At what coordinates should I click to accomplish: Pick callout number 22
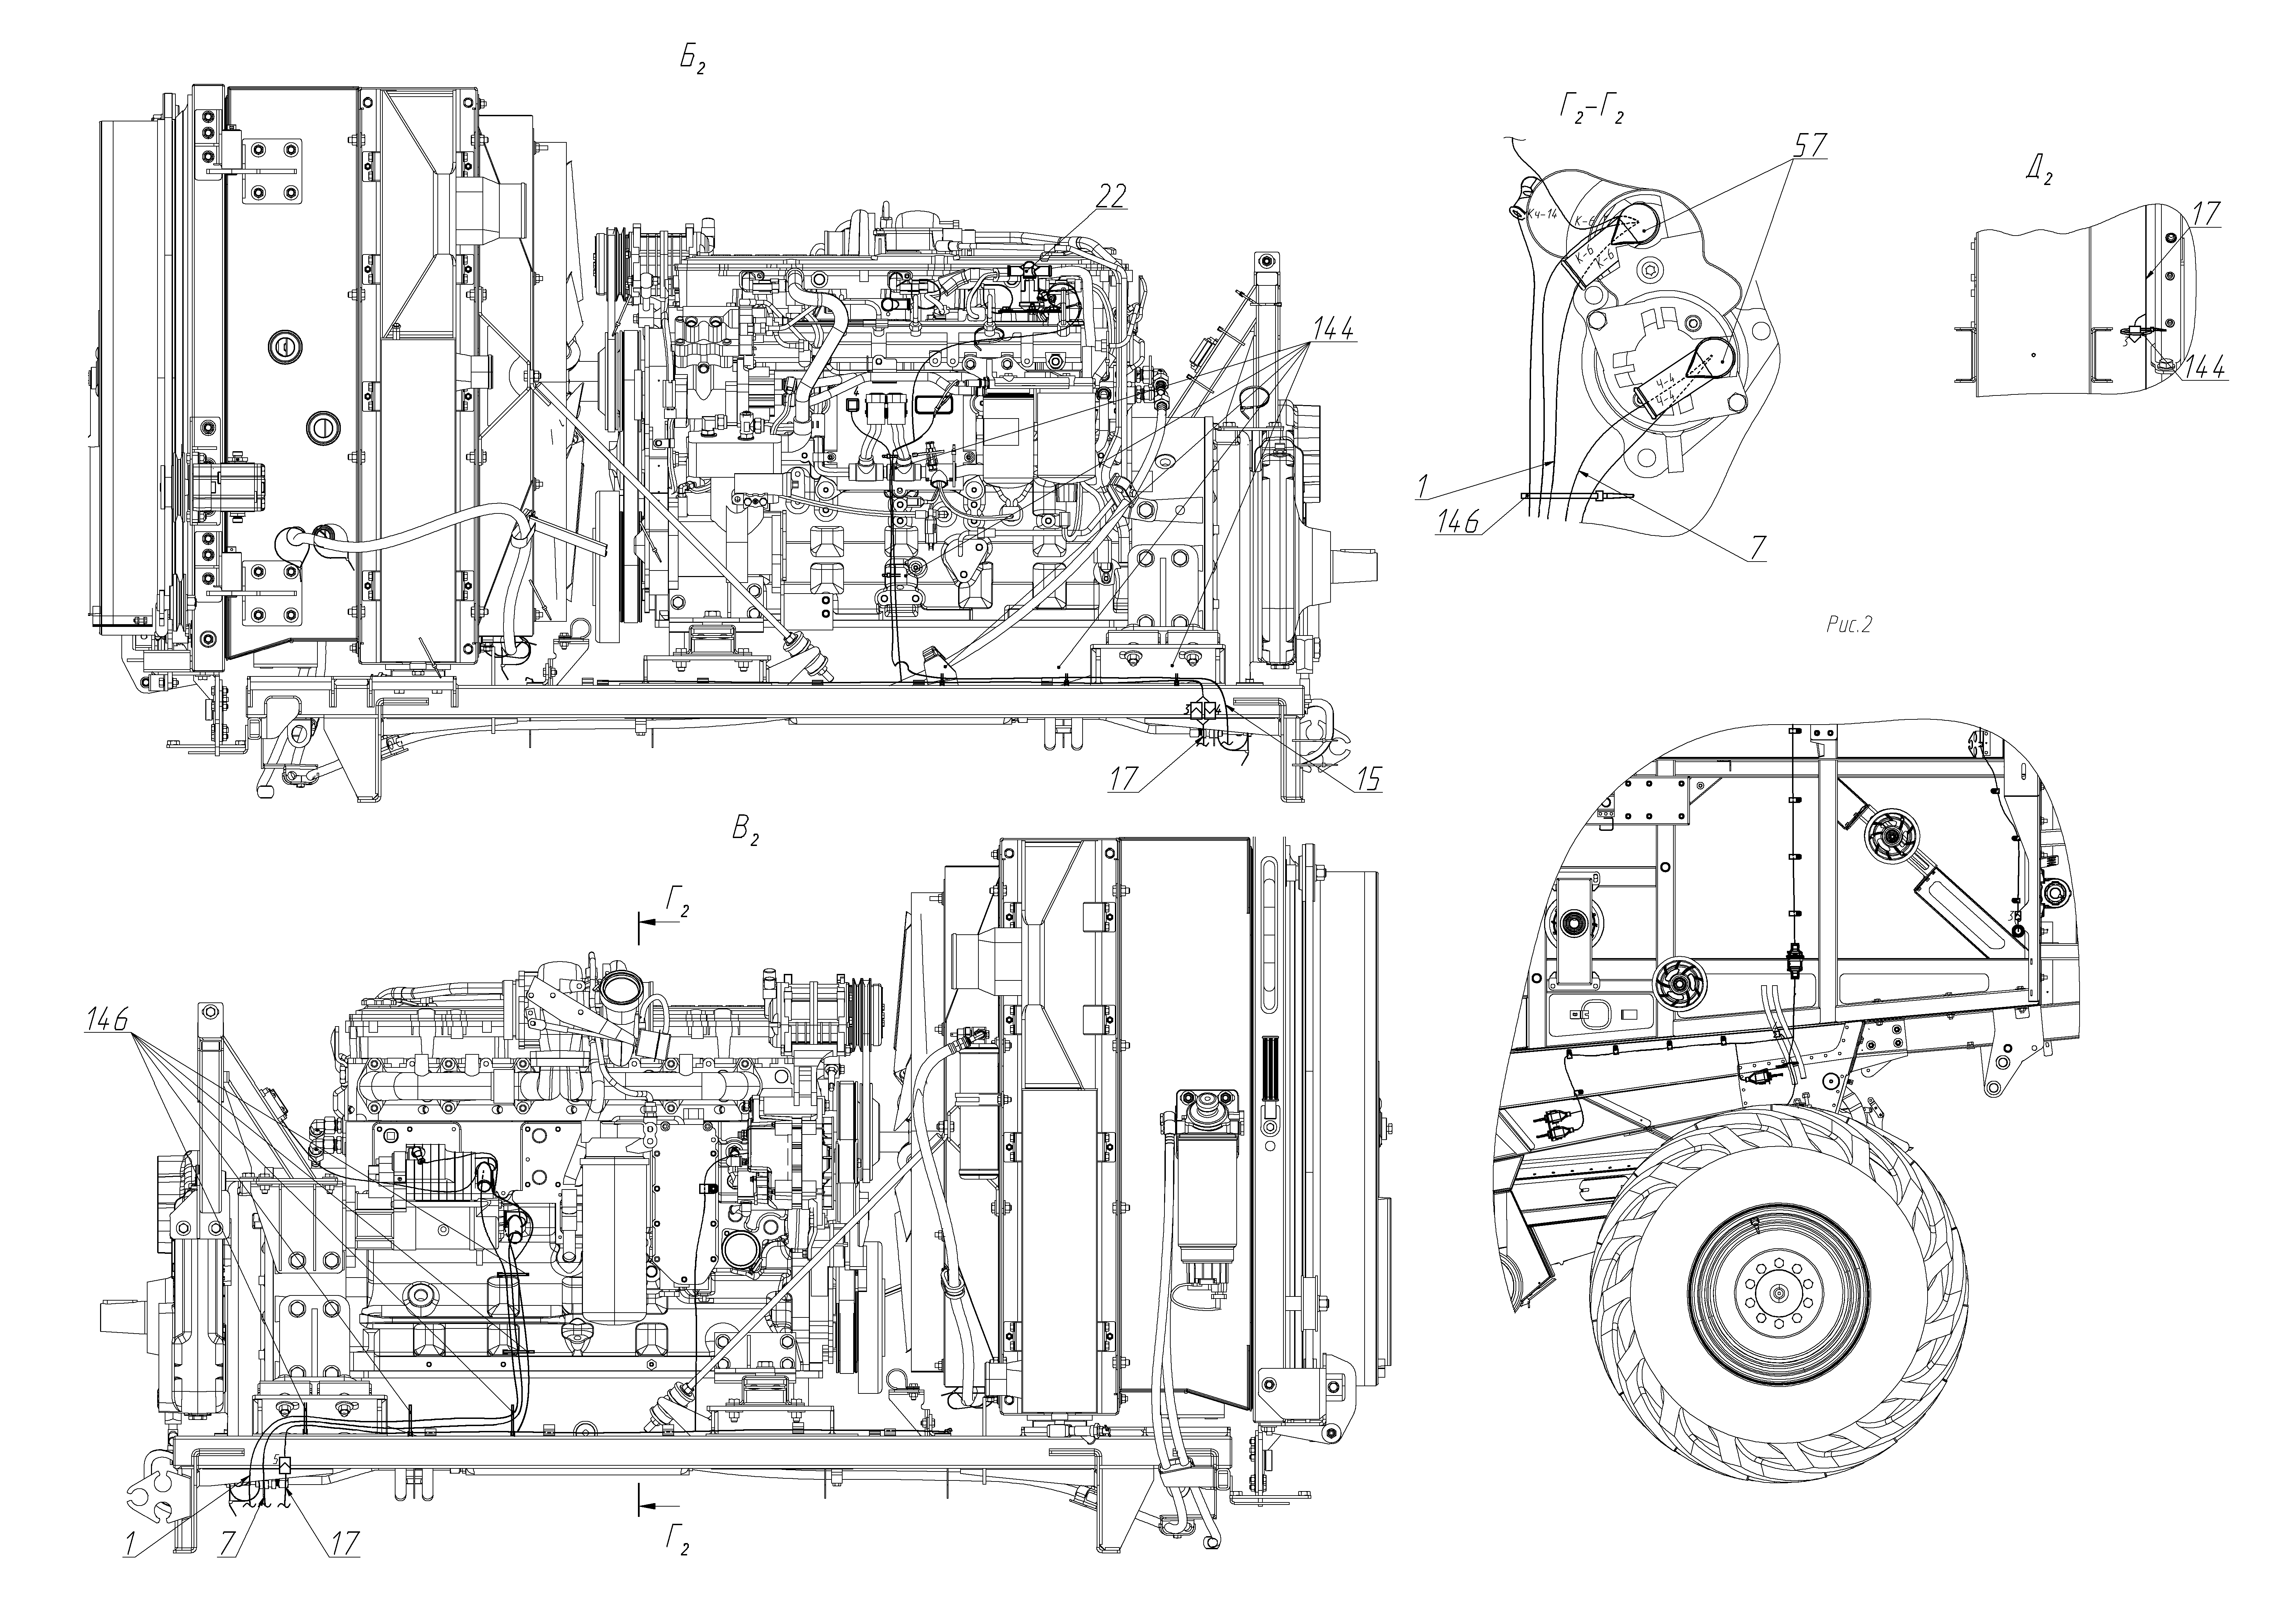point(1112,196)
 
